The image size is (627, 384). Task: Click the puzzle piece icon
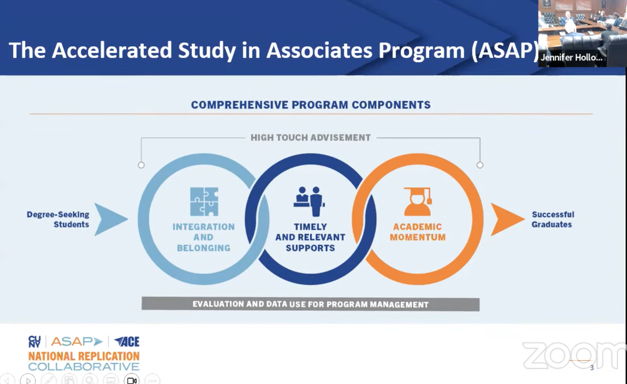click(204, 201)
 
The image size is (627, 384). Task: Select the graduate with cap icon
click(417, 201)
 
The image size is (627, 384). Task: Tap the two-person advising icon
click(310, 201)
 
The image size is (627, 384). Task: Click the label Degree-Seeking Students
click(58, 219)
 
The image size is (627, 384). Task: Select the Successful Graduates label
click(553, 219)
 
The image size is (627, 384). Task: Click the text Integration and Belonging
click(203, 237)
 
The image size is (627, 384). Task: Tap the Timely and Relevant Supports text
click(310, 237)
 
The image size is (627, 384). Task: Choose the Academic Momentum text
click(417, 232)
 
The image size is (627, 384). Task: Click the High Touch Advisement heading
click(310, 138)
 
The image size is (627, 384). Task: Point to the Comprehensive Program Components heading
click(311, 105)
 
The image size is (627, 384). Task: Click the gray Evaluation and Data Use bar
click(310, 304)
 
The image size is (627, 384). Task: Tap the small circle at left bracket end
click(141, 165)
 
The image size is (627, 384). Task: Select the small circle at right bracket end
click(480, 165)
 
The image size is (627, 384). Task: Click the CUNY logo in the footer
click(34, 341)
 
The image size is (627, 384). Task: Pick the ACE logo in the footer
click(127, 341)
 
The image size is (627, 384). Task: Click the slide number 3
click(592, 368)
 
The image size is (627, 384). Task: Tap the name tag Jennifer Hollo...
click(571, 58)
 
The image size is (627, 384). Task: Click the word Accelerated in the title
click(112, 50)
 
